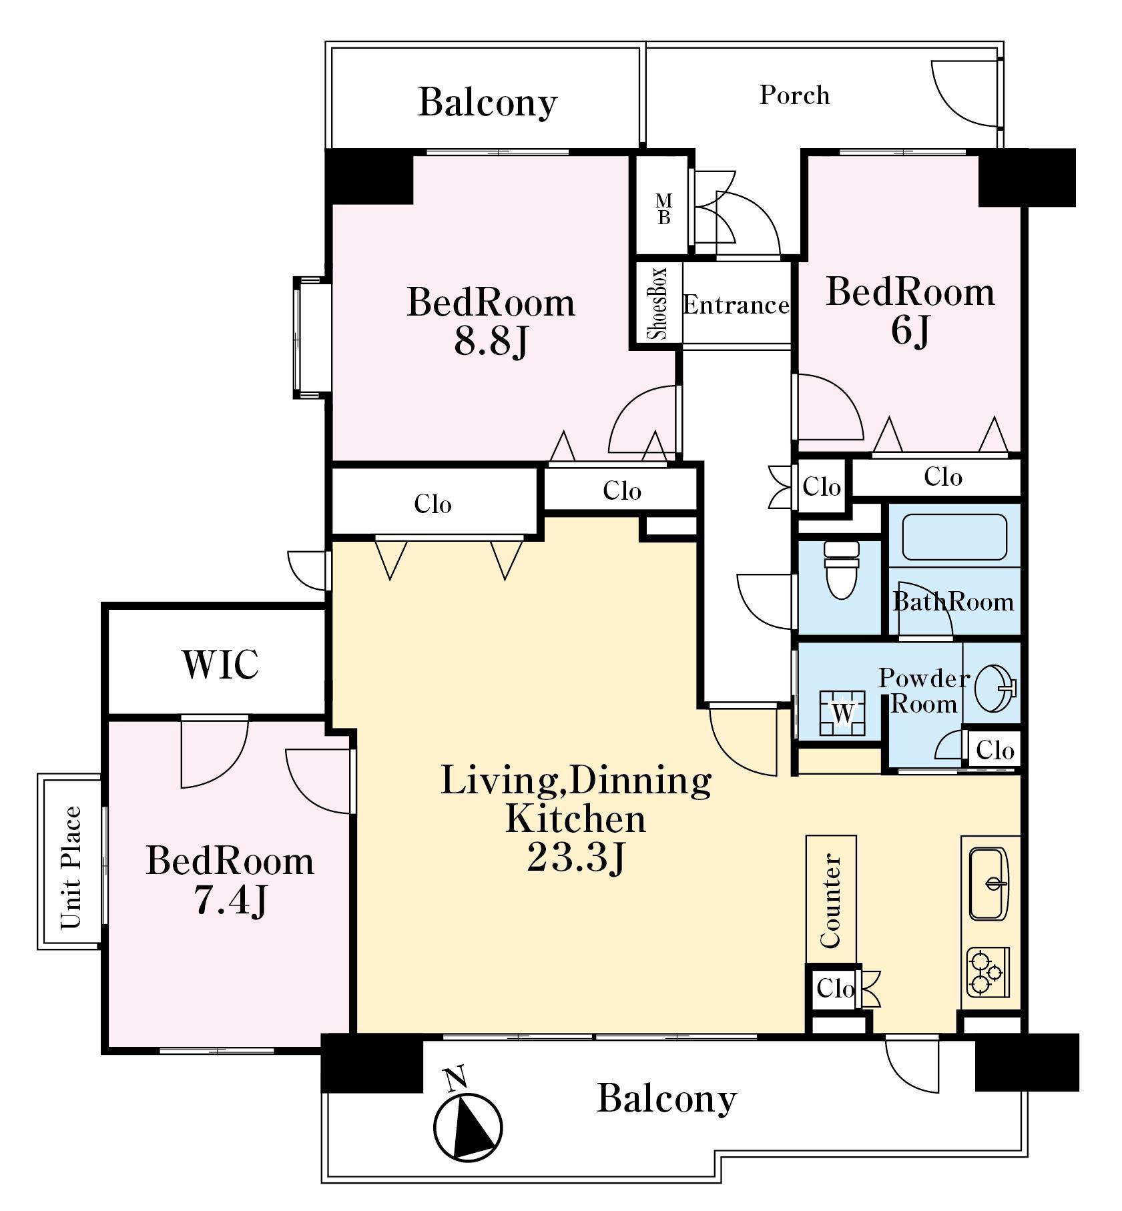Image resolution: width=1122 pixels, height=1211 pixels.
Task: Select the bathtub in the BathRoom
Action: (x=954, y=536)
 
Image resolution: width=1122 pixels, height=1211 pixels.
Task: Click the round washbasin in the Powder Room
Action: (x=995, y=687)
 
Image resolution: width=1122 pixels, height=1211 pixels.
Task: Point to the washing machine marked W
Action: (x=843, y=713)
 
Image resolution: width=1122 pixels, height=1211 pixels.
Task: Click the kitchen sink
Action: (x=989, y=884)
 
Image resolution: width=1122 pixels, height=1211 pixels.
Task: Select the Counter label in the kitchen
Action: (x=831, y=900)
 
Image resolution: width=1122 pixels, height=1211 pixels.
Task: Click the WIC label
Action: (x=220, y=665)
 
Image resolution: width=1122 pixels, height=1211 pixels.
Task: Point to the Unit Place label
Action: (x=70, y=867)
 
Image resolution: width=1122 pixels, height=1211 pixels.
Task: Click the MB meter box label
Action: (x=663, y=209)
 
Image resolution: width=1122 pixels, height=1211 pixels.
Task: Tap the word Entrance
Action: (x=736, y=305)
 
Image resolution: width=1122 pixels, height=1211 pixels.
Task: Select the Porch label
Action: (x=795, y=95)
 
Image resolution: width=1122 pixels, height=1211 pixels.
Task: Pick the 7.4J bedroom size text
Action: (x=230, y=901)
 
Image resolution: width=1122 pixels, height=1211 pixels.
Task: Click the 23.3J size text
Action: (x=576, y=858)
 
